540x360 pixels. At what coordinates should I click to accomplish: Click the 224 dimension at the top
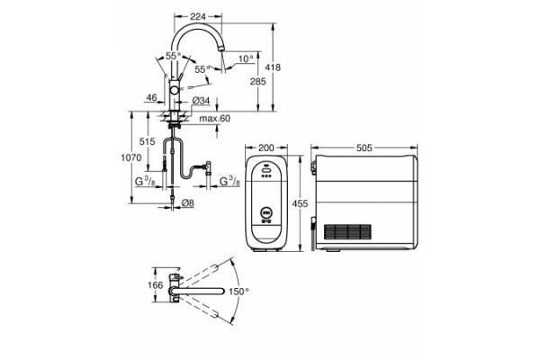200,15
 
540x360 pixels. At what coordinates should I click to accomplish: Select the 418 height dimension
284,67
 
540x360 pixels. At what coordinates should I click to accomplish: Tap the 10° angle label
246,60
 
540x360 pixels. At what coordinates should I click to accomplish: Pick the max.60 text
215,119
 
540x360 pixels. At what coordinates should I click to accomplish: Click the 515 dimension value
148,142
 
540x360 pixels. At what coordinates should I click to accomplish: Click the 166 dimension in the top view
155,286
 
